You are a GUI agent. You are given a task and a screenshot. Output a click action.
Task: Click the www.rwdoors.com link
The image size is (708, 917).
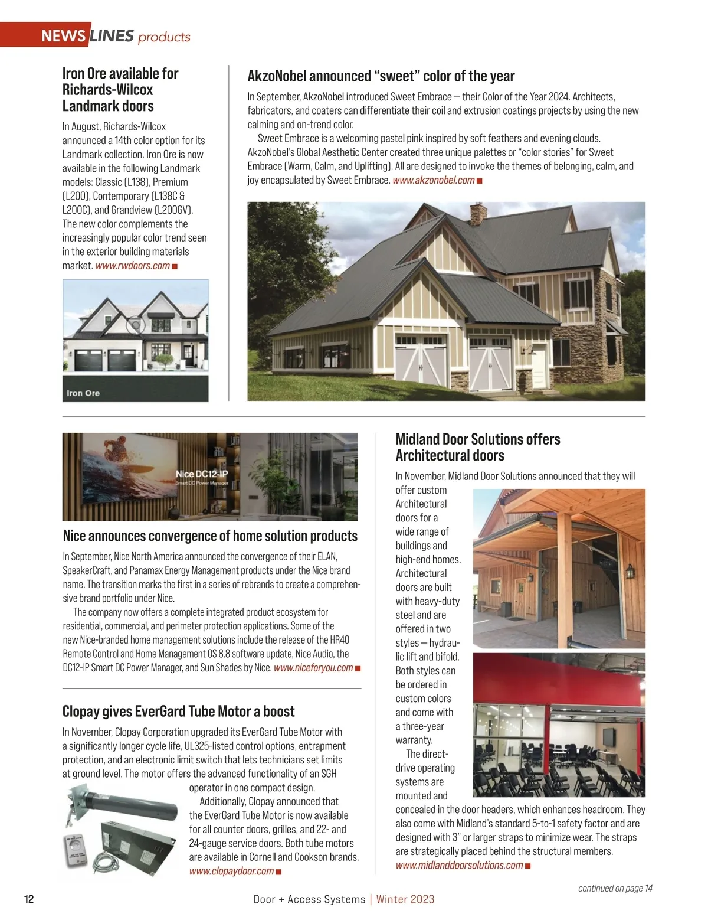(x=132, y=266)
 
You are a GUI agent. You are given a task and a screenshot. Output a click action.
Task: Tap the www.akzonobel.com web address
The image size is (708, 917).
(x=433, y=180)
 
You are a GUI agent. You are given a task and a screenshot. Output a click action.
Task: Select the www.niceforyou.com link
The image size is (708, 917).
(x=313, y=668)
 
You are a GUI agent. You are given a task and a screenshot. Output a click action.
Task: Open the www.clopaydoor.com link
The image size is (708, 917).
(x=231, y=871)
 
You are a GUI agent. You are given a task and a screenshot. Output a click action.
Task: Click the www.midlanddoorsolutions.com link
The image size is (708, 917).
(x=459, y=865)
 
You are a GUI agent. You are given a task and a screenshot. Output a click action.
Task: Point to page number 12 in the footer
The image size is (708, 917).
(x=29, y=899)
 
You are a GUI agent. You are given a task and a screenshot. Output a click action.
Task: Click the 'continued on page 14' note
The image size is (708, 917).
(x=615, y=888)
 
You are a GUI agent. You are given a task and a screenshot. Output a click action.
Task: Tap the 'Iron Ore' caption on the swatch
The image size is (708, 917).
(x=83, y=393)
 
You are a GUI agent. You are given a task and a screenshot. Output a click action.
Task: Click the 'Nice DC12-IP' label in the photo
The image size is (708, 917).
(x=201, y=474)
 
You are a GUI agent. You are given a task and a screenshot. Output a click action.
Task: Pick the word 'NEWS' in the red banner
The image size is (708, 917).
(x=63, y=36)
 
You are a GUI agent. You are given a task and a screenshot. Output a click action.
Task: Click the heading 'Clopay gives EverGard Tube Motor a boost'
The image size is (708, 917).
(x=178, y=711)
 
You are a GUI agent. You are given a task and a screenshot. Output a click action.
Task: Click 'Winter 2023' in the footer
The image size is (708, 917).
(x=405, y=899)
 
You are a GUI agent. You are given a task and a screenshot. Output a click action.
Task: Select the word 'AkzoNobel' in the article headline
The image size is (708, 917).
(x=276, y=76)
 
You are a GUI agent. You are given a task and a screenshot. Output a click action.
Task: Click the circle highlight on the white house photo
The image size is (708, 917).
(x=136, y=325)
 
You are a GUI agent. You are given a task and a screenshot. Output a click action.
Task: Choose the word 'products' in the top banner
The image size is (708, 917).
(x=164, y=37)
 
